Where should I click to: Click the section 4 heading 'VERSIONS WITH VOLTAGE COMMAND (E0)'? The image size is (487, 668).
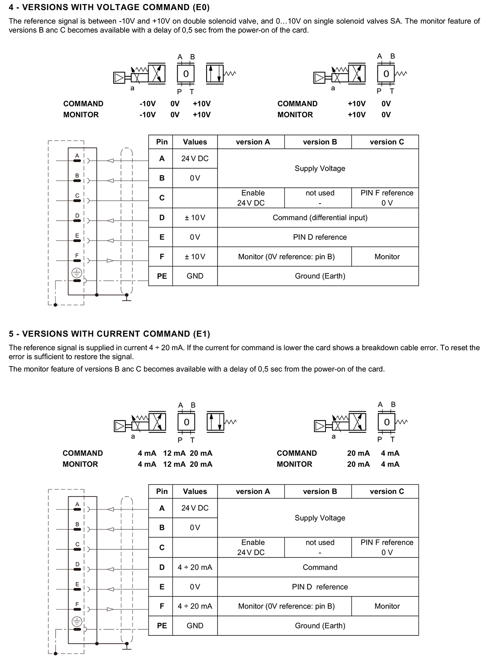coord(109,7)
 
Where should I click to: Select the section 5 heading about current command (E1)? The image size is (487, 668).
coord(110,334)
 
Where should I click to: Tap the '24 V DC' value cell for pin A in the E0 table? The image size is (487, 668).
coord(195,158)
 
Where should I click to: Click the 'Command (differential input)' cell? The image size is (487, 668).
coord(320,218)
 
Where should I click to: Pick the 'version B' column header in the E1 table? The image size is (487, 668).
coord(320,491)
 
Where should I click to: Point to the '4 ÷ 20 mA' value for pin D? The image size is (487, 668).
coord(195,567)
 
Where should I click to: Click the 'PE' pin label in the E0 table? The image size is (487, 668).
coord(162,276)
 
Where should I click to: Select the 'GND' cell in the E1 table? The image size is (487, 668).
coord(195,626)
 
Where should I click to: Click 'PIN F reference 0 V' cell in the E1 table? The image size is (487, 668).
coord(387,547)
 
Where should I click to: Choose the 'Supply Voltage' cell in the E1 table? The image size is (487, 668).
coord(320,518)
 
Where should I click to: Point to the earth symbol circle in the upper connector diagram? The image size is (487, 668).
coord(77,273)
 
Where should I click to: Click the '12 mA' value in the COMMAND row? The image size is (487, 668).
coord(174,453)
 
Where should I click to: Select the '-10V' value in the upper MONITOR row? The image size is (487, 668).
coord(147,115)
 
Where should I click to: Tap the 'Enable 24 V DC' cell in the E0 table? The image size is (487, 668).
coord(252,197)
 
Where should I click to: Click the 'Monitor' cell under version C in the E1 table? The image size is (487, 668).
coord(387,606)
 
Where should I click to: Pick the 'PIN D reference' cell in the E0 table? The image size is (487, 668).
coord(320,237)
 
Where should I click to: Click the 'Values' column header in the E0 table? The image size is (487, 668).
coord(195,142)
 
